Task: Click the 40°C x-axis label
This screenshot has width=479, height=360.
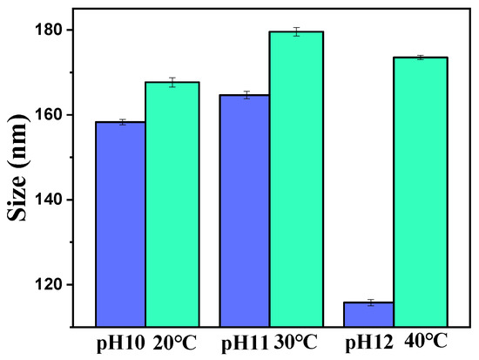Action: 421,342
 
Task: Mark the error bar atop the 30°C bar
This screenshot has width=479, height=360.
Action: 296,31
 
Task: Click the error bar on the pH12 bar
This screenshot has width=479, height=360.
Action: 369,302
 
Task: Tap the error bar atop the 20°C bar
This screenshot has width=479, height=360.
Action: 172,82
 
